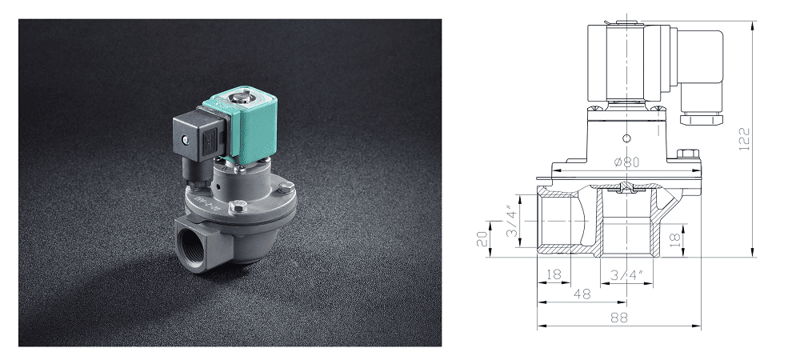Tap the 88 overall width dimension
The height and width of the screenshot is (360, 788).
(x=618, y=317)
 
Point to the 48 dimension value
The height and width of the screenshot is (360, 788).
(x=582, y=294)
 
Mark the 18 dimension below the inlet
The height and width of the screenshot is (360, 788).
(x=552, y=274)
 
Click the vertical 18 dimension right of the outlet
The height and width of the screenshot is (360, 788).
(x=675, y=238)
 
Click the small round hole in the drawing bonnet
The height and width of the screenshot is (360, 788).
(x=629, y=136)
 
